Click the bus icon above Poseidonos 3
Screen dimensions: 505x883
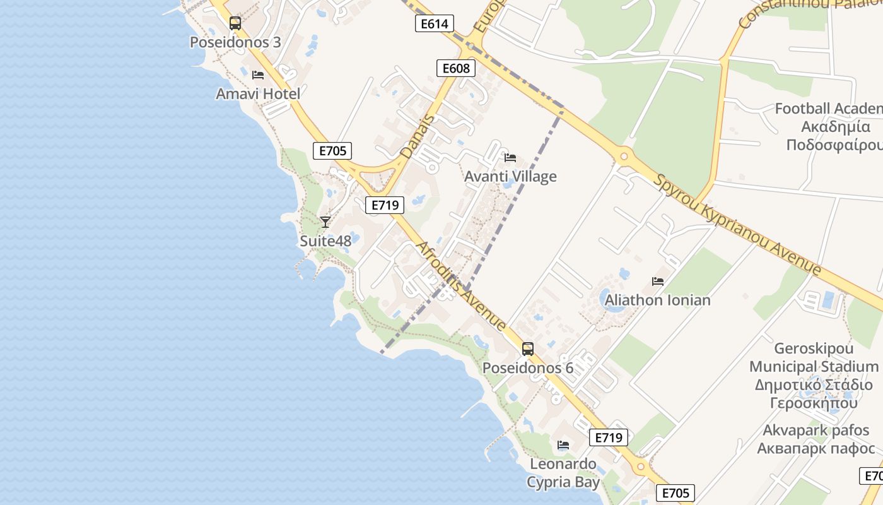click(x=235, y=23)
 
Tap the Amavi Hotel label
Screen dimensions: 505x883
click(x=258, y=93)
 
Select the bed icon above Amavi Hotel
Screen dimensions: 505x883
click(x=258, y=74)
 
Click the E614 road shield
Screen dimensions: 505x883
click(x=435, y=24)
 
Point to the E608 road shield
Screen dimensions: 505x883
click(x=456, y=68)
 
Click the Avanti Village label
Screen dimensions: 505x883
click(x=510, y=176)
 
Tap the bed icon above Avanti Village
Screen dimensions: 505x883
click(x=510, y=157)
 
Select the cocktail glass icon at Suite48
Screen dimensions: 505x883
click(x=325, y=222)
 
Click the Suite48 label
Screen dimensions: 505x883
click(x=325, y=241)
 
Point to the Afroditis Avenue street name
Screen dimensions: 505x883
click(x=460, y=285)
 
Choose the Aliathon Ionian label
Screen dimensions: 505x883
click(x=657, y=300)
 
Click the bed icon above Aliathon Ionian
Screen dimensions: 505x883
click(x=658, y=282)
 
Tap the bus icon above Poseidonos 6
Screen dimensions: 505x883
click(x=528, y=348)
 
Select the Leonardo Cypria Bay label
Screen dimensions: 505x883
click(x=563, y=473)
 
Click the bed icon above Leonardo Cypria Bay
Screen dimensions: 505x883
click(x=563, y=445)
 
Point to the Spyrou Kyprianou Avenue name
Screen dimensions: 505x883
click(x=738, y=225)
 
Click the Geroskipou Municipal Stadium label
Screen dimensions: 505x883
click(x=814, y=376)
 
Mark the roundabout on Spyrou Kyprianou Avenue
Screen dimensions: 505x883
click(x=624, y=156)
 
